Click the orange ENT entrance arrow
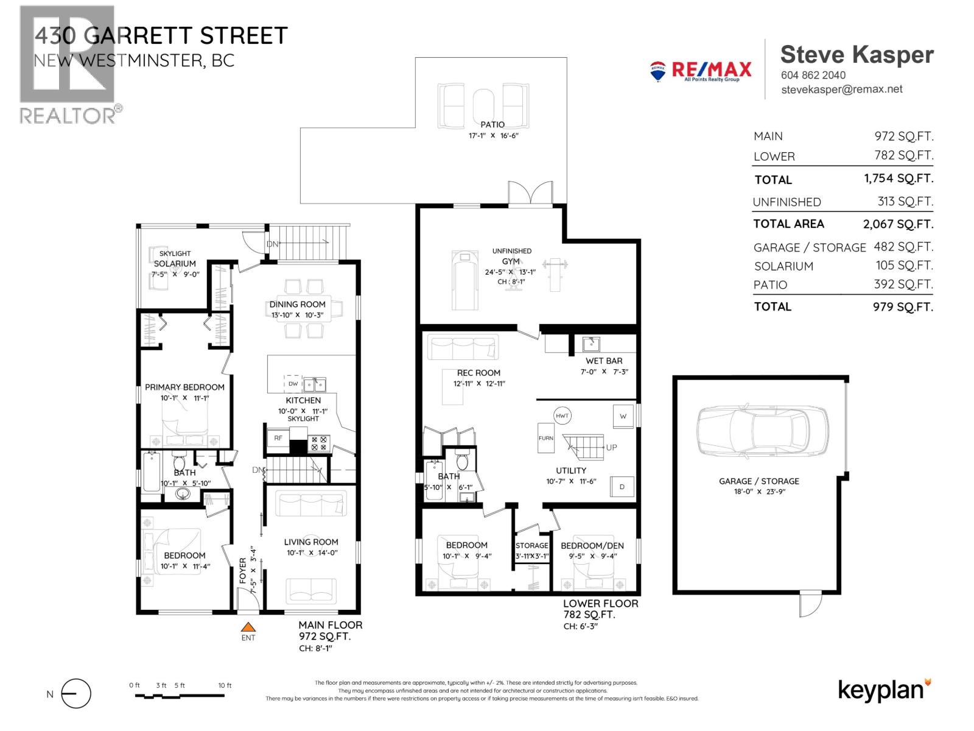coord(248,627)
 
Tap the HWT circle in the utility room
coord(562,416)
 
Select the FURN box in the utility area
coord(545,437)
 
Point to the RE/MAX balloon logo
coord(657,71)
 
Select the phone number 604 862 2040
coord(813,75)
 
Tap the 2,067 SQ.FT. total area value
coord(897,224)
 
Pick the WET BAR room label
coord(604,361)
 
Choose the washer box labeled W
coord(623,416)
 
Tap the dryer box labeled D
coord(622,487)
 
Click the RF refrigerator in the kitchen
coord(278,438)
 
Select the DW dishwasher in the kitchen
coord(293,384)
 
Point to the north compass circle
coord(76,694)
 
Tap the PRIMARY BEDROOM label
coord(184,387)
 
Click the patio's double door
coord(531,194)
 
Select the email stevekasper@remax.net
coord(841,90)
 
